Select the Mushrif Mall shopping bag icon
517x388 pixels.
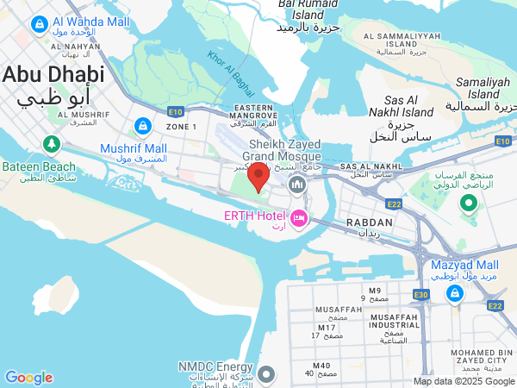(140, 126)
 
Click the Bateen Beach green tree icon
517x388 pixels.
(52, 143)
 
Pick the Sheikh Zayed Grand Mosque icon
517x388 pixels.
(297, 185)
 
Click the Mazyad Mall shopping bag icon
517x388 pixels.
(453, 294)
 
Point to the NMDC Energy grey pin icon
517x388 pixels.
(266, 374)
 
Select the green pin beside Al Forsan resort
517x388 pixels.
(469, 203)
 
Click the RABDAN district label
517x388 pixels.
(368, 222)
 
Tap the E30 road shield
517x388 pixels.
(421, 295)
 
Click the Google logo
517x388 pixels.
(28, 377)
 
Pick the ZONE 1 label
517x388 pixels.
(181, 127)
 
